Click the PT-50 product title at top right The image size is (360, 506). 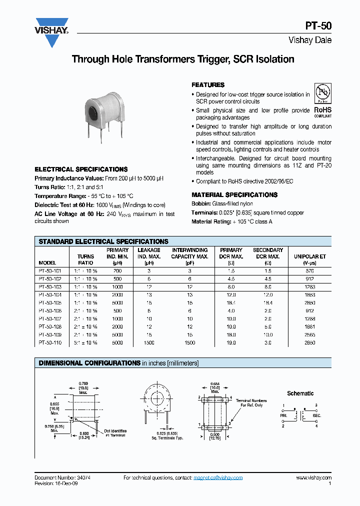click(x=318, y=27)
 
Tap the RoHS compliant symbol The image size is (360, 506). click(x=322, y=103)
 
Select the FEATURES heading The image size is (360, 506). click(x=208, y=85)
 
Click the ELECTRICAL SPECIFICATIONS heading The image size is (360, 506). click(x=81, y=169)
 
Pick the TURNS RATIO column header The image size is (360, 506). click(x=85, y=259)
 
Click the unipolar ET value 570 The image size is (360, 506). click(x=310, y=270)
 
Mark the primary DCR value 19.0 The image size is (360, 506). click(x=231, y=343)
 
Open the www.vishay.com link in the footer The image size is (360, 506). click(x=313, y=478)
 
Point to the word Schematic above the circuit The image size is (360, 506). click(x=300, y=393)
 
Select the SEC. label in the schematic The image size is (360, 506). click(x=317, y=415)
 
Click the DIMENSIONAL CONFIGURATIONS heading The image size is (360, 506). click(x=89, y=363)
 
